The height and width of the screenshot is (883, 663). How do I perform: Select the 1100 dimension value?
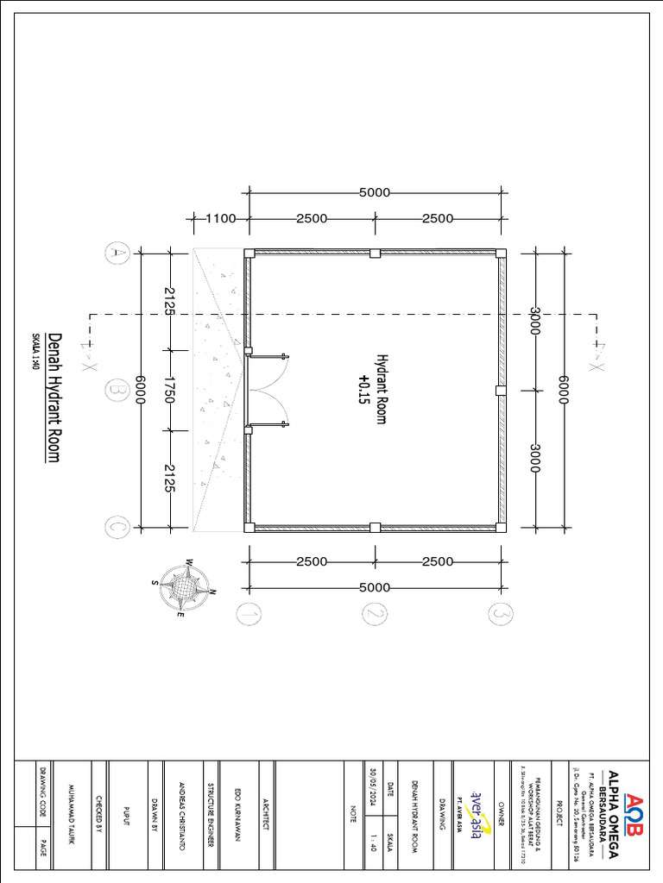221,218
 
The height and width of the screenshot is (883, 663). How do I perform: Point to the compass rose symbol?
183,588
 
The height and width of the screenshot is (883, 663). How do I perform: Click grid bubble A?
115,253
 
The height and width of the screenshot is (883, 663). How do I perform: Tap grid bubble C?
115,526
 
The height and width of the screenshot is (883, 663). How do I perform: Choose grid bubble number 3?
500,613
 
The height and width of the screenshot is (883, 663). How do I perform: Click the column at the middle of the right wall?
500,391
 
